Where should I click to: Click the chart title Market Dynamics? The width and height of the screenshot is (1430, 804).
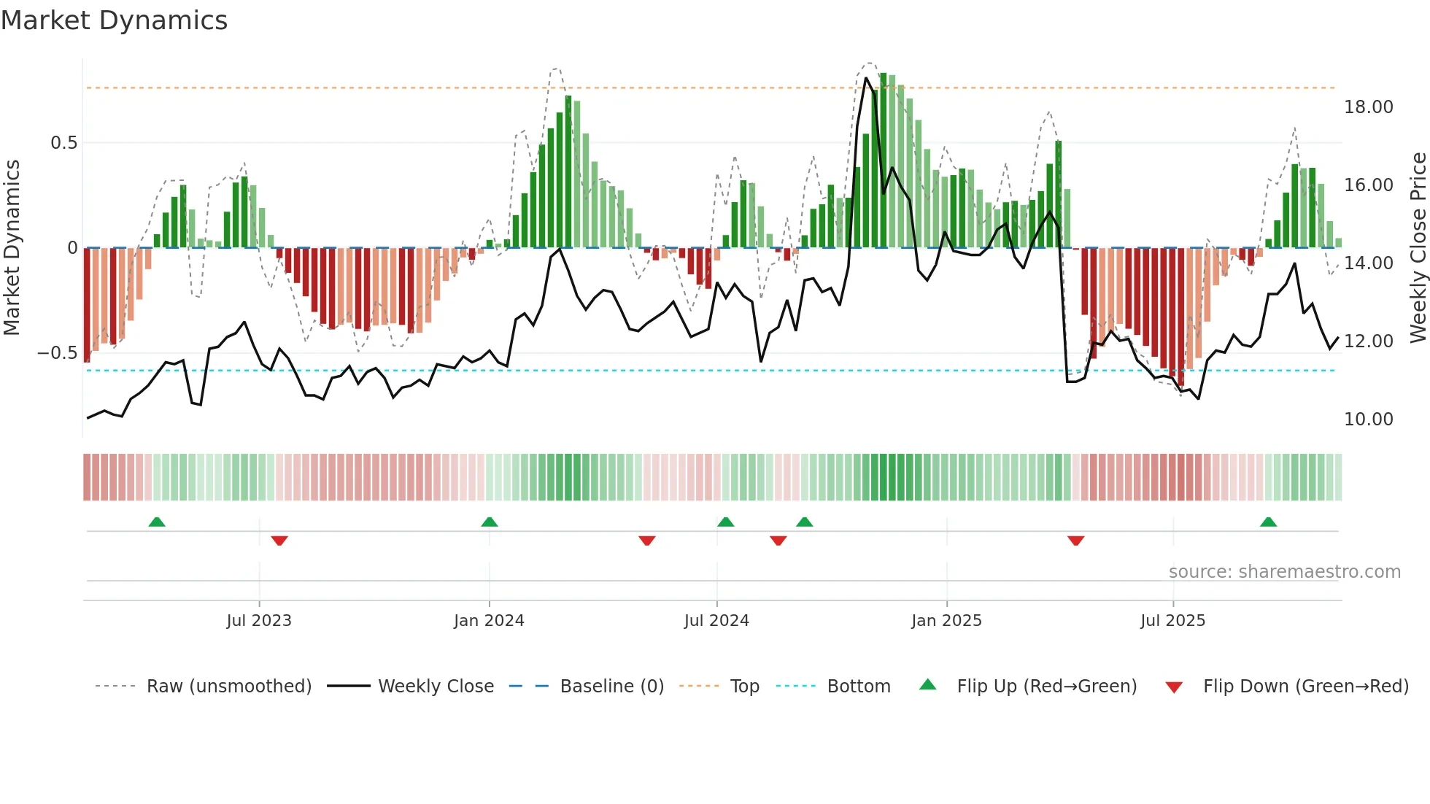tap(114, 20)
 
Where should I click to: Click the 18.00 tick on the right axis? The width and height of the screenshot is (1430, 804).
tap(1368, 107)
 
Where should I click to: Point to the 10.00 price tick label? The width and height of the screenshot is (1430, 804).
tap(1368, 420)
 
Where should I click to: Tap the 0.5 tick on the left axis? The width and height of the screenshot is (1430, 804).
tap(64, 143)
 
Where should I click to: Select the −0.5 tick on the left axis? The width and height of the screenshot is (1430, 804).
tap(58, 353)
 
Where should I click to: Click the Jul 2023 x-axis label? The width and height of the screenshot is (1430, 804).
tap(259, 621)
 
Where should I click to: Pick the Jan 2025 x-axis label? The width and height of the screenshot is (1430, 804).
tap(946, 621)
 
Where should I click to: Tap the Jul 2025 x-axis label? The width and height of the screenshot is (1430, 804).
tap(1172, 621)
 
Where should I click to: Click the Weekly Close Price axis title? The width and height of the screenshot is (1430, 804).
tap(1418, 248)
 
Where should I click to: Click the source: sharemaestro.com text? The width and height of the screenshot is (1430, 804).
tap(1284, 572)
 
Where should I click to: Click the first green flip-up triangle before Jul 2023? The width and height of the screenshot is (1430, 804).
tap(157, 522)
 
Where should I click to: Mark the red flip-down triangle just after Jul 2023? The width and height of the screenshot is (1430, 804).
tap(279, 541)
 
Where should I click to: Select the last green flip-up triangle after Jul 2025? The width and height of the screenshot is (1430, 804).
tap(1268, 522)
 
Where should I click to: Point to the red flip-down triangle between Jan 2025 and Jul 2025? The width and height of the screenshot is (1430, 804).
tap(1075, 541)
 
